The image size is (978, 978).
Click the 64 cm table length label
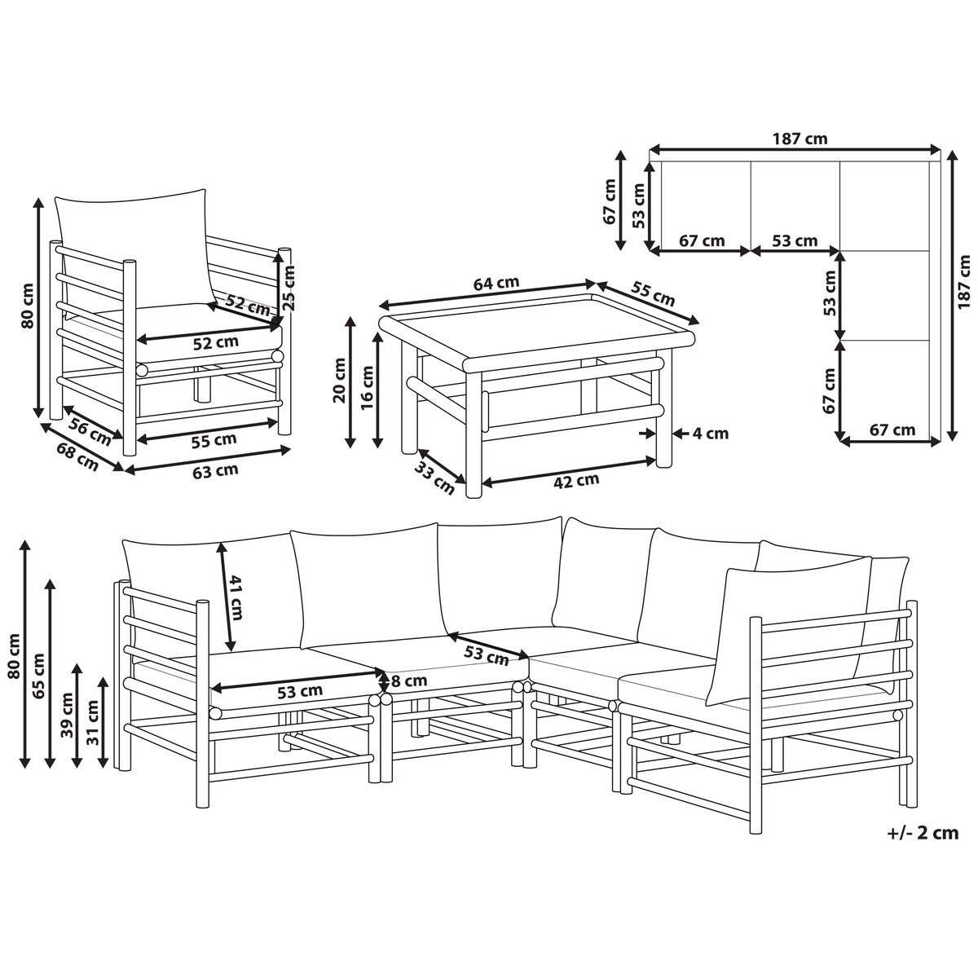pos(496,283)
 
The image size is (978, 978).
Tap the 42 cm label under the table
pos(575,480)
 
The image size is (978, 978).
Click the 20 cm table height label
pos(340,380)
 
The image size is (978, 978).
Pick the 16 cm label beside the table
pos(368,387)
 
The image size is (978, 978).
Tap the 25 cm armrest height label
pos(288,289)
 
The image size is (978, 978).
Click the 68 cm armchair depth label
pos(77,456)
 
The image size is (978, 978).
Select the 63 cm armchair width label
pos(215,470)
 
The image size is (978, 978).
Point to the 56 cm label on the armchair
pos(90,432)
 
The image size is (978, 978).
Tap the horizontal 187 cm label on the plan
pos(800,138)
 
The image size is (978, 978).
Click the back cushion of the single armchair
pos(134,249)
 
